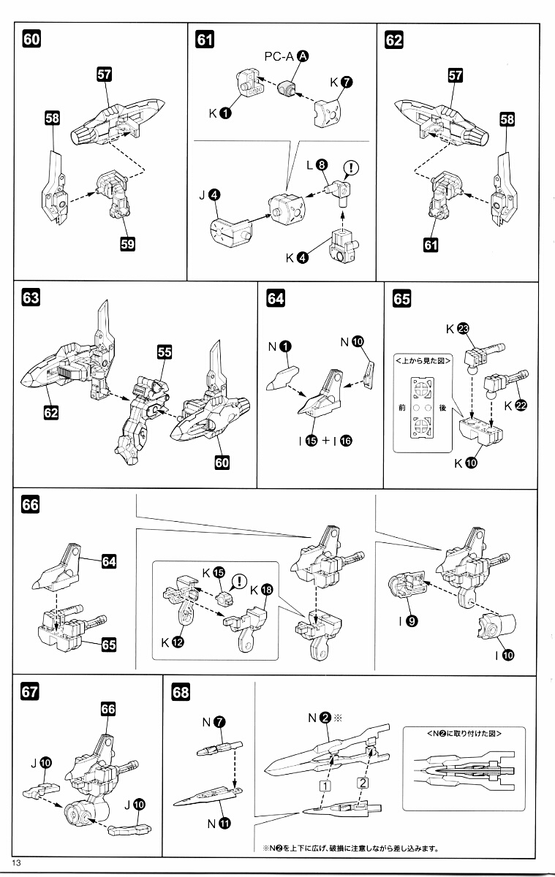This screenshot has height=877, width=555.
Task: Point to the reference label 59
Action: (x=128, y=244)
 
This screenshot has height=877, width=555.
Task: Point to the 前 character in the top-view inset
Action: (x=401, y=408)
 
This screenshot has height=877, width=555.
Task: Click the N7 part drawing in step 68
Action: (x=217, y=748)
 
